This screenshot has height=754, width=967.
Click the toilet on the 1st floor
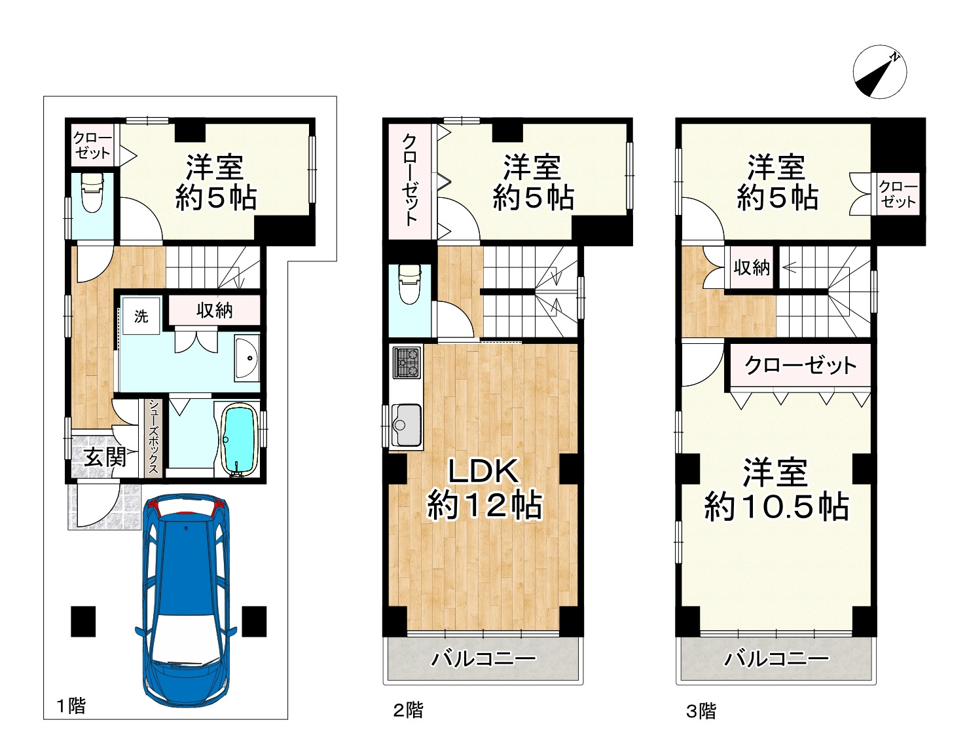(x=92, y=193)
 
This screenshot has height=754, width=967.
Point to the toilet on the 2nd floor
(x=410, y=284)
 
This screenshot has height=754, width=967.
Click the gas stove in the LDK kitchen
(x=407, y=362)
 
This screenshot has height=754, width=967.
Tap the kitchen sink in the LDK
(x=405, y=424)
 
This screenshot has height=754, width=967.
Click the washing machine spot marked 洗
(x=141, y=316)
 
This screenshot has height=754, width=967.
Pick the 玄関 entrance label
(x=105, y=457)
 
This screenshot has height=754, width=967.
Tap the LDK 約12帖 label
(x=484, y=488)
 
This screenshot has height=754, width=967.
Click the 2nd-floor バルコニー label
(x=484, y=659)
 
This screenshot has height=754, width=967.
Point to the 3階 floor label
(x=701, y=711)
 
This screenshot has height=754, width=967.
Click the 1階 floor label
(x=71, y=706)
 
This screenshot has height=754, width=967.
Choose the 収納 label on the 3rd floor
(x=752, y=267)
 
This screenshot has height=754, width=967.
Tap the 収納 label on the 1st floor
(x=215, y=311)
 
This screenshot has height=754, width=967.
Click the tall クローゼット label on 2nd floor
(x=410, y=180)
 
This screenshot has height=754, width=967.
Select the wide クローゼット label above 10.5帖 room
(x=801, y=366)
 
